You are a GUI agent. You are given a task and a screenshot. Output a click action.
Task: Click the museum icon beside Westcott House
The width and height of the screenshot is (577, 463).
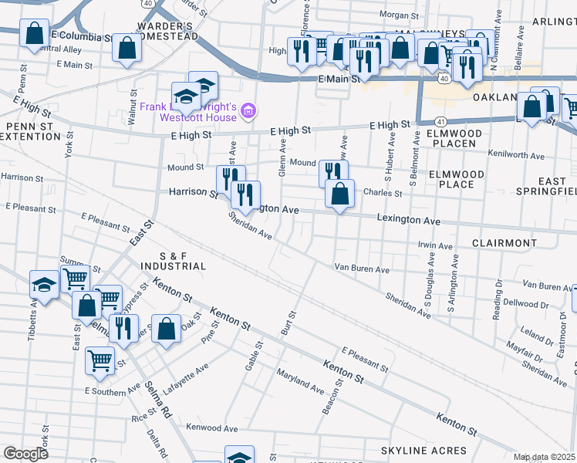[x=248, y=112]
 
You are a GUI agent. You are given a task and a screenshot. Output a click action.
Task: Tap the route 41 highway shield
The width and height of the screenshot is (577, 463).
[x=439, y=122]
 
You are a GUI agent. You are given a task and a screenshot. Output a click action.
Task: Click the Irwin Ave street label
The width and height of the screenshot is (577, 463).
[x=434, y=246]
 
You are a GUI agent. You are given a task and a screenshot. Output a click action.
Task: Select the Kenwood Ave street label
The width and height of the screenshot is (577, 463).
[x=212, y=427]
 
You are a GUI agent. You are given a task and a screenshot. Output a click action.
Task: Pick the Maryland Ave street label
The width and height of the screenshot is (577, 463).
[x=302, y=381]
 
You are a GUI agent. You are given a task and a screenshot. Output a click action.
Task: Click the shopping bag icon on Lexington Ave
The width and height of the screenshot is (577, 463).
[x=339, y=194]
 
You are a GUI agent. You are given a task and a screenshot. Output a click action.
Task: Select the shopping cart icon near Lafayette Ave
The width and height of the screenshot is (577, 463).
[x=100, y=360]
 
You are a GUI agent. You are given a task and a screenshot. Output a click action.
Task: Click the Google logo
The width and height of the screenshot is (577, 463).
[x=25, y=453]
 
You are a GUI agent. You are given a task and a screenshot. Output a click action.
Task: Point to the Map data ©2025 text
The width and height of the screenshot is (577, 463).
[x=545, y=457]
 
